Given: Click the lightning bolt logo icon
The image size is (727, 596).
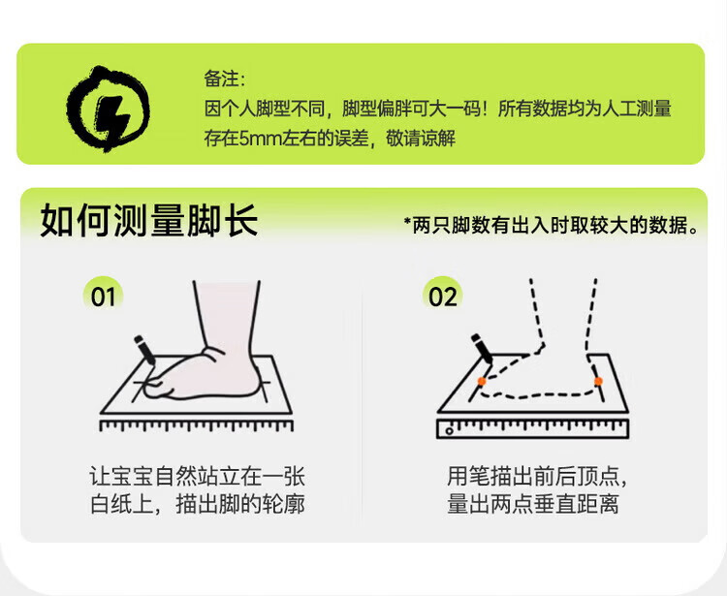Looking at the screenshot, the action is coord(108,109).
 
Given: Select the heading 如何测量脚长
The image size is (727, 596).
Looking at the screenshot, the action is coord(149,221).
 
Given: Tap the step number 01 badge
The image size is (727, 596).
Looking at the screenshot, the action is coord(103,297).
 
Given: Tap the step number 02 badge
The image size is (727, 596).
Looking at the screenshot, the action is coord(442,297).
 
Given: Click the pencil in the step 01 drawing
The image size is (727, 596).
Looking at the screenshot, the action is coord(144,350).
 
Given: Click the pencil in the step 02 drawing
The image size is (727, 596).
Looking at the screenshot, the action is coord(482,349).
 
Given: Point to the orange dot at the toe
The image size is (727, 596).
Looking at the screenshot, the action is coord(482,382).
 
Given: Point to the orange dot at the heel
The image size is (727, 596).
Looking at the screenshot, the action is coord(598,381).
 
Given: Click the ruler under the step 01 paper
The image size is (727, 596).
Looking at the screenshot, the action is coord(197,425).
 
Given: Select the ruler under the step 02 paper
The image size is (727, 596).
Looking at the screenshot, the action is coord(533,428).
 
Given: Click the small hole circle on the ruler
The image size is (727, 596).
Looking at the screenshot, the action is coord(449,431).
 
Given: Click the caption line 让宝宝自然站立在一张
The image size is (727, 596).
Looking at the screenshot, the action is coord(197,476).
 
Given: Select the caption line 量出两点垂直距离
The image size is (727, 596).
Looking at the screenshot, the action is coord(533,504).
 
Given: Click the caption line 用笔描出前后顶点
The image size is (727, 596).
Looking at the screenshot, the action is coord(533,476).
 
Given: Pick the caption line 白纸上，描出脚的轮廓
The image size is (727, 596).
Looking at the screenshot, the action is coord(197,504).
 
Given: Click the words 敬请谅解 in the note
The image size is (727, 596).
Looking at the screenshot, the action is coord(421,139).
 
